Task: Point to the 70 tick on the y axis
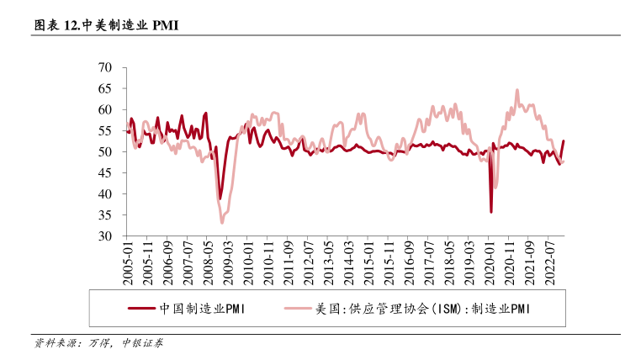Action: (x=106, y=67)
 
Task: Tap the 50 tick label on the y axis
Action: (x=106, y=151)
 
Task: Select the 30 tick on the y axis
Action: (x=106, y=236)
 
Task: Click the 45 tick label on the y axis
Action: (x=106, y=173)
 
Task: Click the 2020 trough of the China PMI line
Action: (x=491, y=212)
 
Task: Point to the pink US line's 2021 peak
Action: (x=517, y=90)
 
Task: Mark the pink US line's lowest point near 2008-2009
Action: (x=222, y=222)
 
